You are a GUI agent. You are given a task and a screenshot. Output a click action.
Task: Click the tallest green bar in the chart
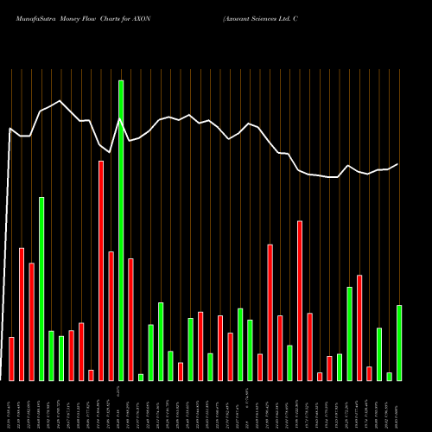point(121,230)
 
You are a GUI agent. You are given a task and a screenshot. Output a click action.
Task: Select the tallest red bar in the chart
point(101,270)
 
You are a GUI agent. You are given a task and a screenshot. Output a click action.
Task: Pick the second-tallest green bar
point(41,289)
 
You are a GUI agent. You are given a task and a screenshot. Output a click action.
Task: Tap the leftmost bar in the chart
point(11,359)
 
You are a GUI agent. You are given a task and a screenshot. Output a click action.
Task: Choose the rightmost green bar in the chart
point(399,342)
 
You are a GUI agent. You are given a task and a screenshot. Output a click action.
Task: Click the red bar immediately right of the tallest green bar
point(130,319)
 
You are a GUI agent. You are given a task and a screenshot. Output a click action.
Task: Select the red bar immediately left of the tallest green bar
point(111,315)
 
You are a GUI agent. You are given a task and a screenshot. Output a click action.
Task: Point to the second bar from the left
point(22,314)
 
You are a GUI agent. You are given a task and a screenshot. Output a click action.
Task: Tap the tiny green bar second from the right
point(389,376)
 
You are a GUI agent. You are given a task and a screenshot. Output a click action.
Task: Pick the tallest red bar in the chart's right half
point(300,300)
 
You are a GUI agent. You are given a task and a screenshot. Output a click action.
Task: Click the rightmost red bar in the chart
point(369,373)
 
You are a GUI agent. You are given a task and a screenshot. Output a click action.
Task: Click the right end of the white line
point(398,164)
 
